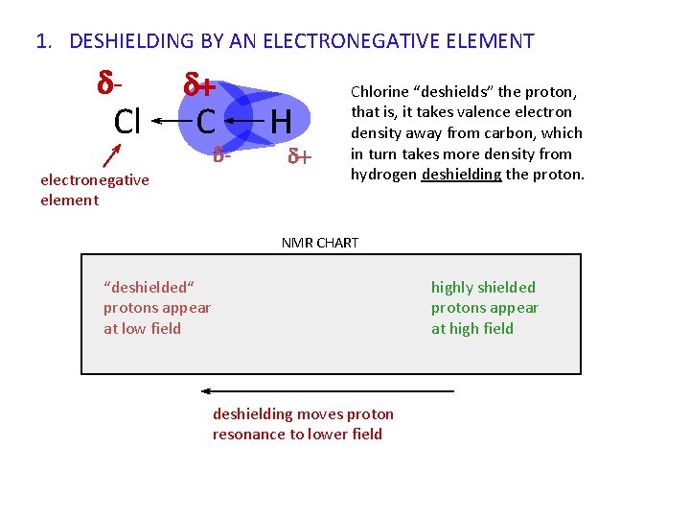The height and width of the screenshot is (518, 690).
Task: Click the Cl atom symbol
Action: pyautogui.click(x=127, y=122)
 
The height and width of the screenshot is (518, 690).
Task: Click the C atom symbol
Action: pyautogui.click(x=206, y=122)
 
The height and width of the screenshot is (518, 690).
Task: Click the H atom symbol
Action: pyautogui.click(x=280, y=122)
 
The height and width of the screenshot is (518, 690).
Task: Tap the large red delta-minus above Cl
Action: pyautogui.click(x=109, y=84)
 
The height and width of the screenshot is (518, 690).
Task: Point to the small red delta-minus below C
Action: pyautogui.click(x=221, y=153)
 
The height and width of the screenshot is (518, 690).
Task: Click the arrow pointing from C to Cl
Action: pyautogui.click(x=169, y=122)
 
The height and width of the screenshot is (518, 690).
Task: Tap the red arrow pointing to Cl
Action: pyautogui.click(x=110, y=155)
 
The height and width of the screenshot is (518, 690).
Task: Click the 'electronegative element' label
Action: pyautogui.click(x=94, y=190)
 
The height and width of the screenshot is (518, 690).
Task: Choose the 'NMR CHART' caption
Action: pyautogui.click(x=319, y=243)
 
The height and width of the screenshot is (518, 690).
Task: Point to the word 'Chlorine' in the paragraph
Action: pyautogui.click(x=380, y=92)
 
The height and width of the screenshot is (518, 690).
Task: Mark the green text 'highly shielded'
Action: pyautogui.click(x=483, y=287)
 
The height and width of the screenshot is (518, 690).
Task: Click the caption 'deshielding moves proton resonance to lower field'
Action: pyautogui.click(x=303, y=424)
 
